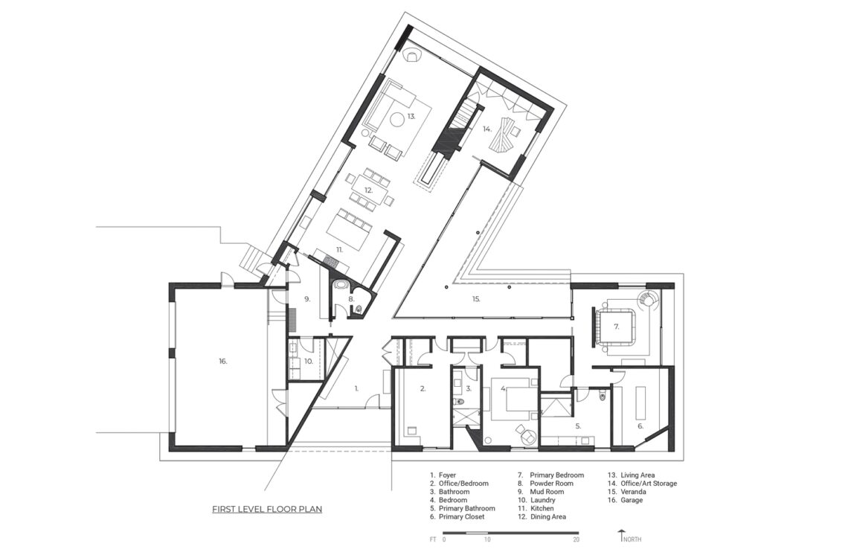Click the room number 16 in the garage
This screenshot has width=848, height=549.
tap(223, 362)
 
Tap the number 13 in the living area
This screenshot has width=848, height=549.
tap(411, 116)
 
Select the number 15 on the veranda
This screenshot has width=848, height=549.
tap(476, 298)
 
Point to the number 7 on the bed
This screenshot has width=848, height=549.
tap(616, 327)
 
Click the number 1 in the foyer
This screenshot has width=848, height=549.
tap(356, 388)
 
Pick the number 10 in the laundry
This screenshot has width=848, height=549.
tap(308, 361)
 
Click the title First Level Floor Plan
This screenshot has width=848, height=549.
tap(267, 509)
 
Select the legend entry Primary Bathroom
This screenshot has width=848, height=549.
tap(466, 508)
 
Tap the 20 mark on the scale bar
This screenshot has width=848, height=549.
tap(576, 539)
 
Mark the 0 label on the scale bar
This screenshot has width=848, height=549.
tap(444, 539)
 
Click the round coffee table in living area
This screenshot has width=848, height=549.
tap(397, 119)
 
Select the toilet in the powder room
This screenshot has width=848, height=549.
tap(359, 309)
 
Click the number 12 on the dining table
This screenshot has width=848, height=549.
tap(369, 190)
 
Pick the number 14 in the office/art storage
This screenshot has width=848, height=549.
tap(486, 129)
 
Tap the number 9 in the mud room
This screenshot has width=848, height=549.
tap(307, 298)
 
